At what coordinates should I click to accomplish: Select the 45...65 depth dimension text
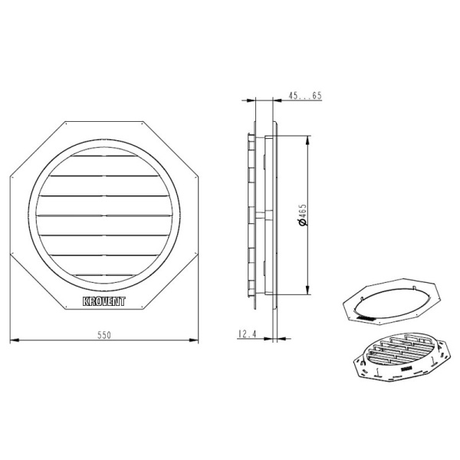(x=304, y=96)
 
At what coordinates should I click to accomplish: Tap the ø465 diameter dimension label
(x=304, y=215)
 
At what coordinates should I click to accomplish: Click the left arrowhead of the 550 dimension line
(x=13, y=340)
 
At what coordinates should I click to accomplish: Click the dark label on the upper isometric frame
(x=367, y=315)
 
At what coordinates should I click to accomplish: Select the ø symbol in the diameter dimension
(x=304, y=224)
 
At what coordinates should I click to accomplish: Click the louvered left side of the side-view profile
(x=251, y=215)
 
